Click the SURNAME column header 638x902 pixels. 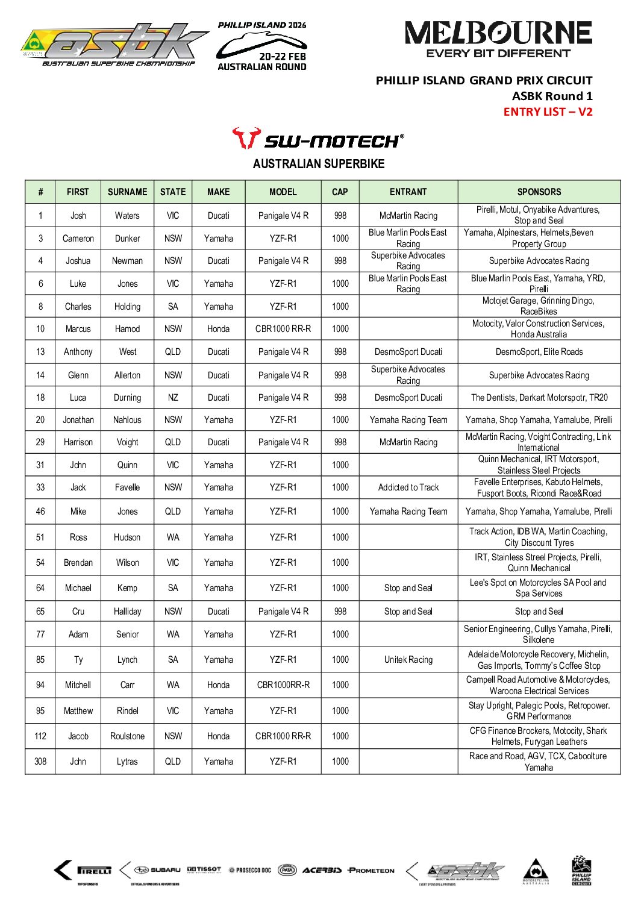click(x=127, y=192)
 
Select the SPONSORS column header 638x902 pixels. click(x=539, y=192)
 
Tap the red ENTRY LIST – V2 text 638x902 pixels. click(x=548, y=111)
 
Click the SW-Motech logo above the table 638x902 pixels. click(x=318, y=139)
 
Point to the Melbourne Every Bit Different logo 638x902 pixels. click(x=498, y=40)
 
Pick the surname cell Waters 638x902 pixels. click(x=127, y=215)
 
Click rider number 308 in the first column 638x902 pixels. click(x=40, y=761)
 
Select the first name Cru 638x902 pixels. click(x=78, y=611)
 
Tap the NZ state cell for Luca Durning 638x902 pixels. click(x=173, y=397)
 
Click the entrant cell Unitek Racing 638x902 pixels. click(x=408, y=659)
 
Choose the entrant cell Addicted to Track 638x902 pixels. click(x=408, y=487)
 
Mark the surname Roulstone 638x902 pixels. click(x=127, y=736)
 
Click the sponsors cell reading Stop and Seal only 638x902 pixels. click(x=539, y=611)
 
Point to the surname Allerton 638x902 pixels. click(x=127, y=375)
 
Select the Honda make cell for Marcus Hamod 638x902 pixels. click(x=218, y=328)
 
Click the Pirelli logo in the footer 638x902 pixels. click(x=94, y=870)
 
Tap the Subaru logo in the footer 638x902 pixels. click(x=157, y=870)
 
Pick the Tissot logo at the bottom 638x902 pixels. click(x=204, y=869)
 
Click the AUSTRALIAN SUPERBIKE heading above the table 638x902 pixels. click(x=318, y=164)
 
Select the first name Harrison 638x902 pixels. click(x=78, y=442)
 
